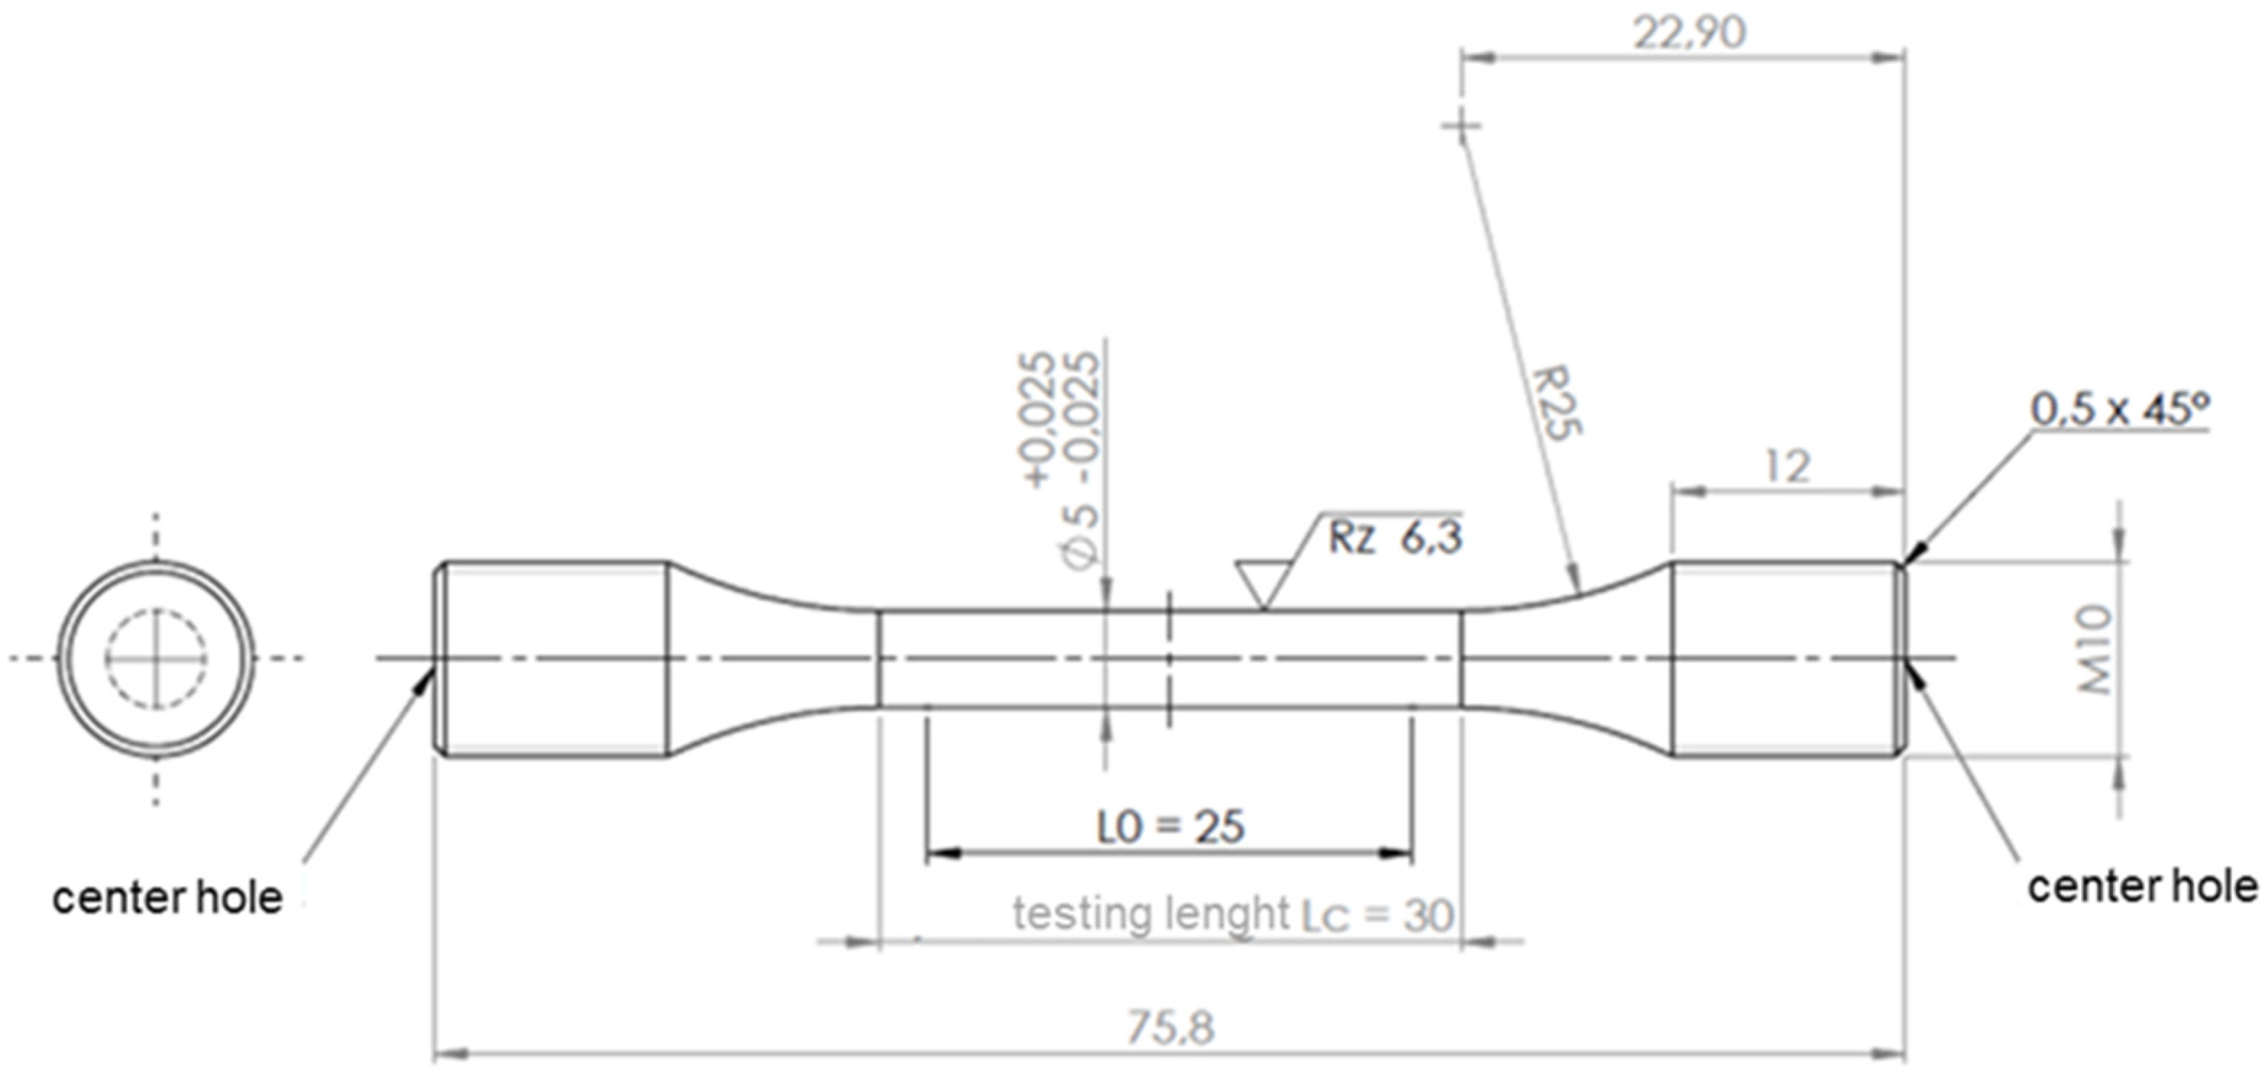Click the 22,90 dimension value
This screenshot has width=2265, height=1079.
point(1688,33)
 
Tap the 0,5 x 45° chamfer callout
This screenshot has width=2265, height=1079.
point(2119,410)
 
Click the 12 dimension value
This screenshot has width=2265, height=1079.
point(1787,466)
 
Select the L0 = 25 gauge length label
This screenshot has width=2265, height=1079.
point(1170,826)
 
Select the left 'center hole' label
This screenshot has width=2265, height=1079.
point(167,899)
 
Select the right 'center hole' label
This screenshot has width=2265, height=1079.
point(2141,887)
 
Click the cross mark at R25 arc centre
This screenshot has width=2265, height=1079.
point(1461,125)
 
